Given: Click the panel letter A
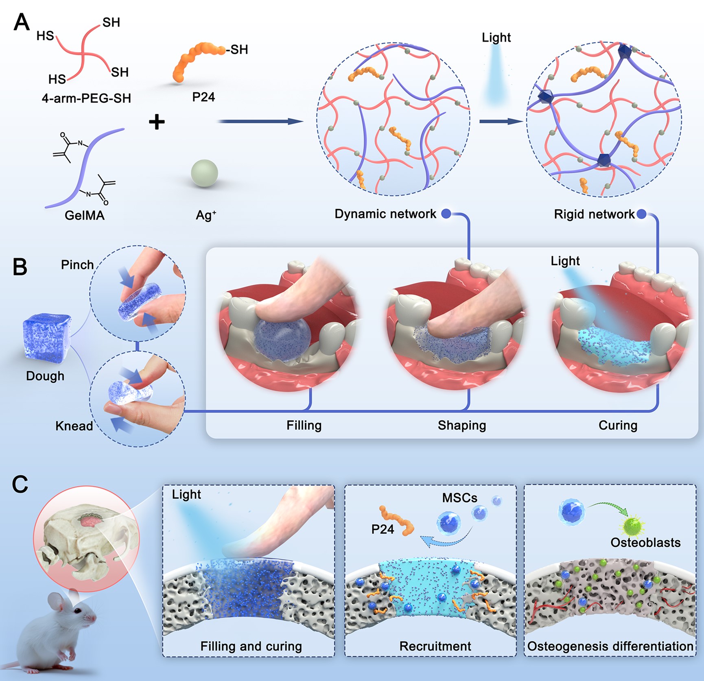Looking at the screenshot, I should (21, 22).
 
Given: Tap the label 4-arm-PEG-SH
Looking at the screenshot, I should (86, 98).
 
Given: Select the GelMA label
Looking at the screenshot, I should (85, 215).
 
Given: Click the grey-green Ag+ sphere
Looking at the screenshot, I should (204, 173).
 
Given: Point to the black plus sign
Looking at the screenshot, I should (157, 122).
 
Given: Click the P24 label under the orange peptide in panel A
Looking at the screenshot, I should (203, 97).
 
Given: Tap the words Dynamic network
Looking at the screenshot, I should (385, 214).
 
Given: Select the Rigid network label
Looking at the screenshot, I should (594, 214).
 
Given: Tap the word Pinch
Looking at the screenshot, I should (77, 265).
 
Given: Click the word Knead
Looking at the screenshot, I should (74, 426).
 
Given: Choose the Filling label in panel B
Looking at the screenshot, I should (304, 426).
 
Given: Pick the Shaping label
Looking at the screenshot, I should (462, 426).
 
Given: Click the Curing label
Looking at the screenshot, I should (618, 426).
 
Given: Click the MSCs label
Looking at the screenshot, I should (460, 498).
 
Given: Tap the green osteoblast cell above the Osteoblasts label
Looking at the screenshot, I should (632, 526).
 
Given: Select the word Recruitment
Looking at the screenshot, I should (435, 646).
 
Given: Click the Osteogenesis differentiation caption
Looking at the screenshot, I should (610, 646).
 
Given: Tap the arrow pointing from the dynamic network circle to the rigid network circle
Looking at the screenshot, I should (501, 121).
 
